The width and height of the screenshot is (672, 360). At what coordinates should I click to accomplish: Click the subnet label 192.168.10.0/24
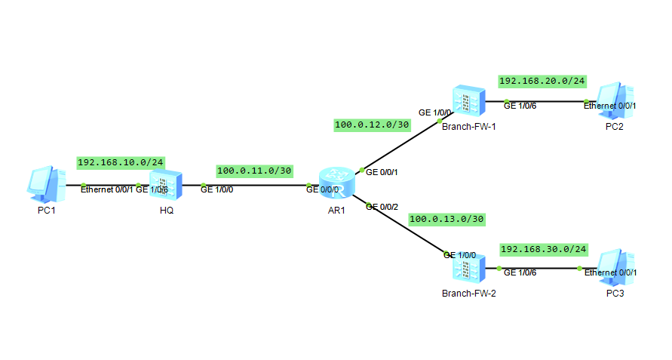[x=121, y=162]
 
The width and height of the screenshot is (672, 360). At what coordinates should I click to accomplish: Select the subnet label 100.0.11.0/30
[x=254, y=171]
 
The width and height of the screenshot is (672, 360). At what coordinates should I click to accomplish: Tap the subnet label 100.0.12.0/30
[x=372, y=125]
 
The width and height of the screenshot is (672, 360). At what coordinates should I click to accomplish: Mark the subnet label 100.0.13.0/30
[x=446, y=220]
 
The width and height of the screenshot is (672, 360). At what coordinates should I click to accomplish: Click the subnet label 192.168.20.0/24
[x=542, y=81]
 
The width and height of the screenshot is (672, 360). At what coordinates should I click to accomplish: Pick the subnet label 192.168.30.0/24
[x=543, y=249]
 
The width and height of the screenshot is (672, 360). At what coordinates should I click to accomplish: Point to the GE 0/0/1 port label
[x=382, y=172]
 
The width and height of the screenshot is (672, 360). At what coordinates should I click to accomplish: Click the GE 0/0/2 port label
[x=382, y=206]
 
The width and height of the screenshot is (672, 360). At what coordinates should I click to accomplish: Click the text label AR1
[x=336, y=211]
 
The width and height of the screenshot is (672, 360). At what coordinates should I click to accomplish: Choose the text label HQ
[x=167, y=211]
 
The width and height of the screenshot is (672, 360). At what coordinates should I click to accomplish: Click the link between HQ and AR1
[x=256, y=185]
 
